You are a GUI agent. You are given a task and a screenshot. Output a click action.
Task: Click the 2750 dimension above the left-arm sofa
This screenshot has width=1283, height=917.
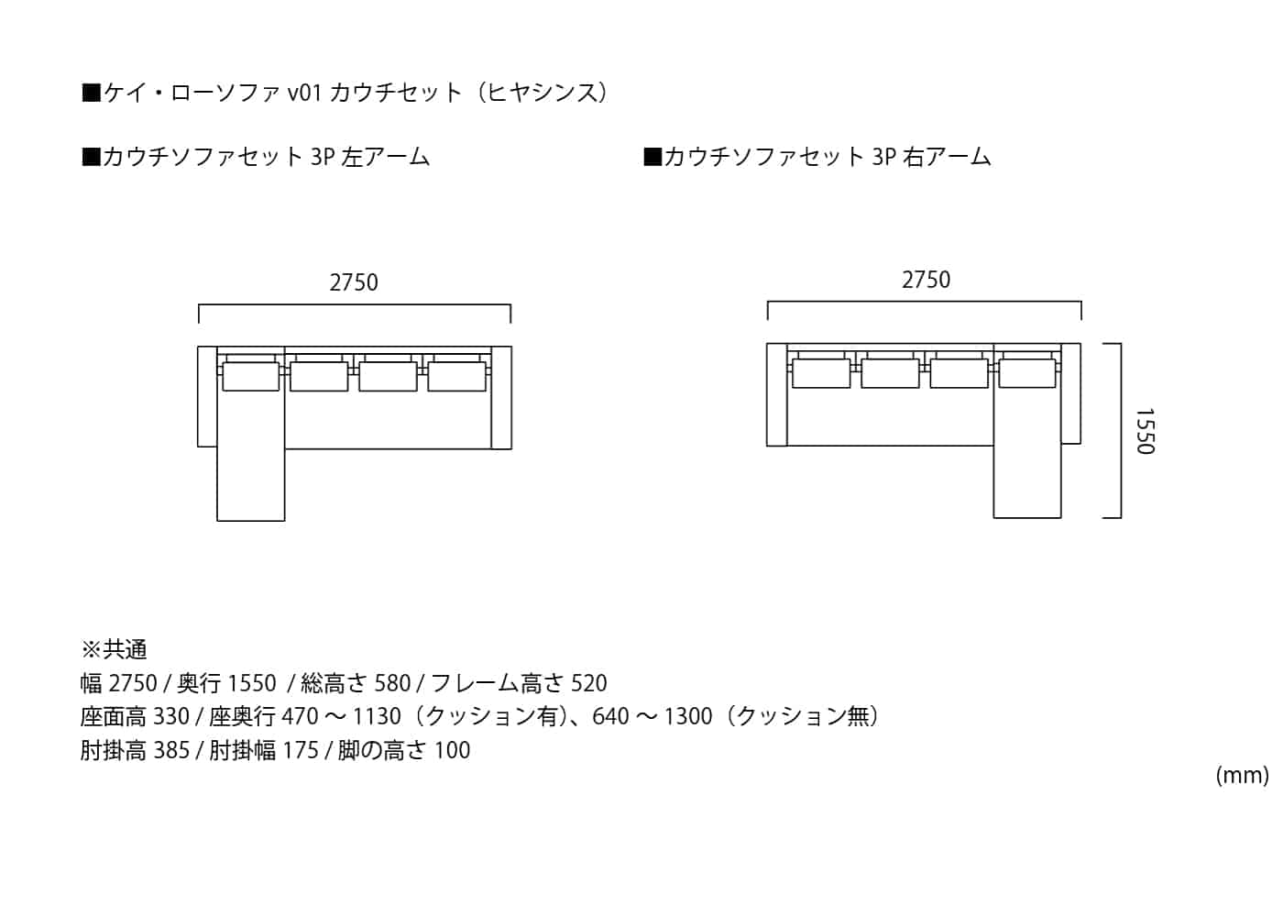pyautogui.click(x=354, y=282)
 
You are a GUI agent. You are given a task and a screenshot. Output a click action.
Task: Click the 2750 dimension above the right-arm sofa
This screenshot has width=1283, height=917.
pyautogui.click(x=926, y=280)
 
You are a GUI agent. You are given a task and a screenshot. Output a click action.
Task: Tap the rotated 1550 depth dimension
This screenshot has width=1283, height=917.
pyautogui.click(x=1145, y=432)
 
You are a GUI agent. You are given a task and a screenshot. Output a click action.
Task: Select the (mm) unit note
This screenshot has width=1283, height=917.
pyautogui.click(x=1242, y=775)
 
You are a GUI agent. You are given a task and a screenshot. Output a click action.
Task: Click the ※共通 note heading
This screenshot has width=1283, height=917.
pyautogui.click(x=114, y=649)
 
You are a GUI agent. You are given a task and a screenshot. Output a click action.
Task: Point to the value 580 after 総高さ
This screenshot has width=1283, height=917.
pyautogui.click(x=392, y=683)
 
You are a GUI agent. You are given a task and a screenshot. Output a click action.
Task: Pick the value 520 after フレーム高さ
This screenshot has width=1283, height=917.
pyautogui.click(x=588, y=683)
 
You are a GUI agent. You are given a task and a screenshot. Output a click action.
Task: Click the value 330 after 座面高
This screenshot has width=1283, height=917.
pyautogui.click(x=171, y=716)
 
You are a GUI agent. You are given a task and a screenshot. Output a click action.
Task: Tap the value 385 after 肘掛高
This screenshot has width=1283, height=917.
pyautogui.click(x=171, y=750)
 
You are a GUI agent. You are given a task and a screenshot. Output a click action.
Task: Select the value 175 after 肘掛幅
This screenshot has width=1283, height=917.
pyautogui.click(x=301, y=750)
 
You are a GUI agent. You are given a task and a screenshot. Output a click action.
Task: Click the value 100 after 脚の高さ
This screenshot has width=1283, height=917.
pyautogui.click(x=453, y=750)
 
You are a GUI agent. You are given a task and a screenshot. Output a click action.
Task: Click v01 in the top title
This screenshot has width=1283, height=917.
pyautogui.click(x=303, y=93)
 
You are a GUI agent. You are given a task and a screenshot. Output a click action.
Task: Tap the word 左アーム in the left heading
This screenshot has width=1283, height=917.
pyautogui.click(x=385, y=157)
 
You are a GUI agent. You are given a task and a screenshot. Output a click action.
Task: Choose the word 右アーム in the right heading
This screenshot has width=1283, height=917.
pyautogui.click(x=947, y=157)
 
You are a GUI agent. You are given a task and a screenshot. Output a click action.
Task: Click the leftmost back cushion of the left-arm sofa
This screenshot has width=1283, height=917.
pyautogui.click(x=250, y=376)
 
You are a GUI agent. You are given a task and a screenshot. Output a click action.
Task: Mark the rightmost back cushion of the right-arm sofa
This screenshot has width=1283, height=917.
pyautogui.click(x=1027, y=373)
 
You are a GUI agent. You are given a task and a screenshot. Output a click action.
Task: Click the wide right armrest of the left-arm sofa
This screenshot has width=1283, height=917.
pyautogui.click(x=501, y=398)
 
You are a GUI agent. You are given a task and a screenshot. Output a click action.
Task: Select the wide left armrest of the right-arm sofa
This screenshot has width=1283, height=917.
pyautogui.click(x=777, y=395)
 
